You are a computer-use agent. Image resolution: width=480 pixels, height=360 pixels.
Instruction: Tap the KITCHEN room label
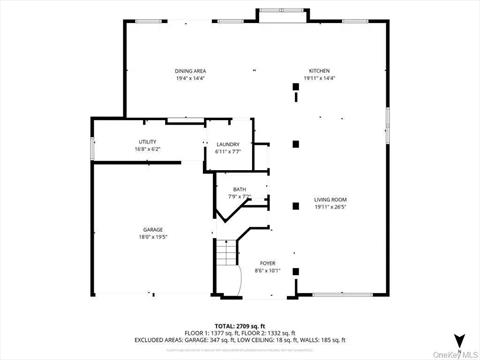click(319, 71)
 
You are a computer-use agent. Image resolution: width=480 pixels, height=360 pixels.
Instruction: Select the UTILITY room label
click(147, 142)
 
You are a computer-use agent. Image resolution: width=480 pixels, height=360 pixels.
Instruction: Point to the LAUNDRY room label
click(228, 144)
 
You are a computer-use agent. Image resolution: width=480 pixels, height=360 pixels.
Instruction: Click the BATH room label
click(240, 189)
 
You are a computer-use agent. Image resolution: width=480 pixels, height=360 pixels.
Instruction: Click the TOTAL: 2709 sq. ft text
click(240, 326)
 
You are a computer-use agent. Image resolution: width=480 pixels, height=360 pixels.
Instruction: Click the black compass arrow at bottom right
click(458, 337)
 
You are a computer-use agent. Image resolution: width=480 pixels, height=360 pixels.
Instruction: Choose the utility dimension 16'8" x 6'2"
click(147, 149)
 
